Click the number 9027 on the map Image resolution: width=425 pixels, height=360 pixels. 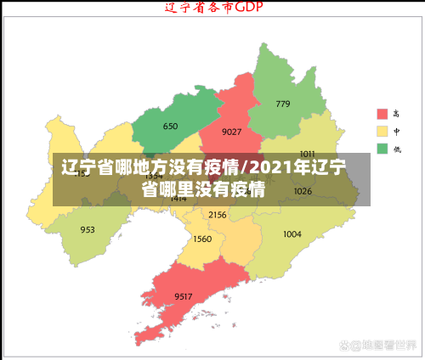tap(231, 132)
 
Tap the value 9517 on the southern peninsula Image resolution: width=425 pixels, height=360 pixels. tap(184, 295)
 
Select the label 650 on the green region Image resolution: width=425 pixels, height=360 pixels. tap(170, 127)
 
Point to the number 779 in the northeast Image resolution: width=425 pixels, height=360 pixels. tap(282, 104)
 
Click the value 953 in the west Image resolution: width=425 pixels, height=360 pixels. tap(88, 230)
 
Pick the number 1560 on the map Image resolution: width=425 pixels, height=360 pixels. tap(202, 239)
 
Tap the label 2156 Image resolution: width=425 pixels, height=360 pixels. tap(218, 215)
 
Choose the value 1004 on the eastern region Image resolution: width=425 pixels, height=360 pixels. tap(292, 233)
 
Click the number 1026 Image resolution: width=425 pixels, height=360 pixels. tap(303, 191)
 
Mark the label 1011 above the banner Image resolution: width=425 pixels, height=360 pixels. tap(307, 154)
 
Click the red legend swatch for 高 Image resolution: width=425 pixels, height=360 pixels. tap(382, 114)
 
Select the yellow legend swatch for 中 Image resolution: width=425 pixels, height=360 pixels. tap(382, 132)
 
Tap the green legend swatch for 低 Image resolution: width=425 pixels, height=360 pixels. tap(382, 149)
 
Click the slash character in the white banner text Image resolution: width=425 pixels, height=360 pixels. tap(246, 166)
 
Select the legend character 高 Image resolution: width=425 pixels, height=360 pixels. tap(396, 114)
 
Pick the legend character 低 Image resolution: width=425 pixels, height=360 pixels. tap(396, 149)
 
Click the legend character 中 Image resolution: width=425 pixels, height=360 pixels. tap(396, 132)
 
